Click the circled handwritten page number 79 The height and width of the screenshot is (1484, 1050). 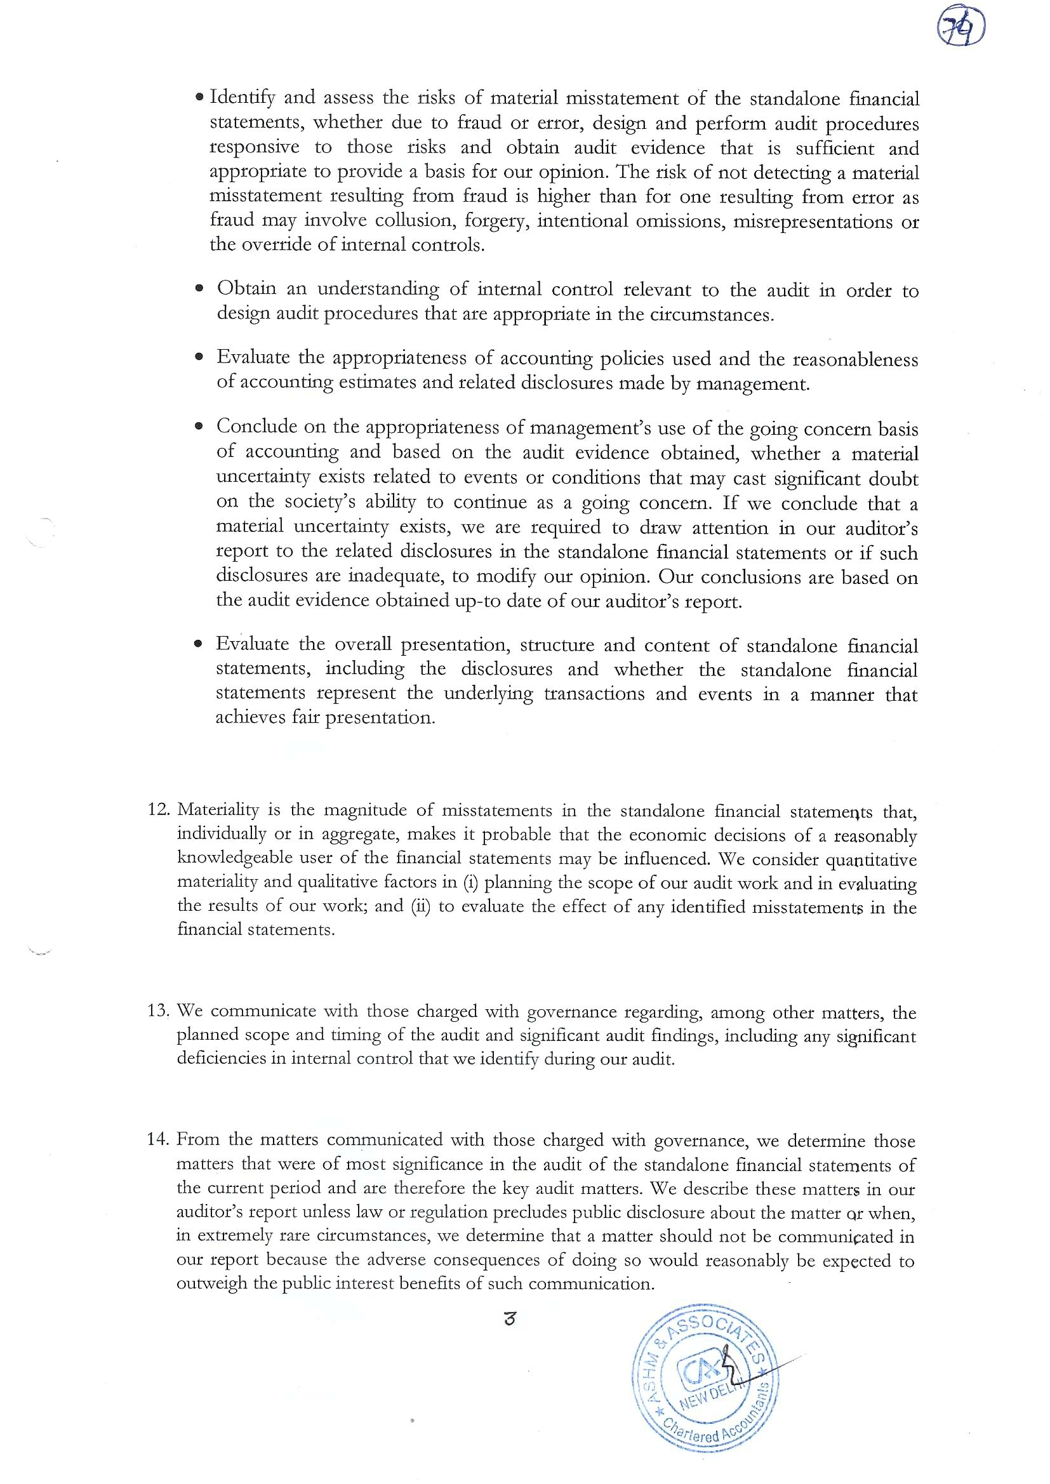coord(960,30)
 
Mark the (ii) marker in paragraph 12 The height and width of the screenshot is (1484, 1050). coord(421,906)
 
